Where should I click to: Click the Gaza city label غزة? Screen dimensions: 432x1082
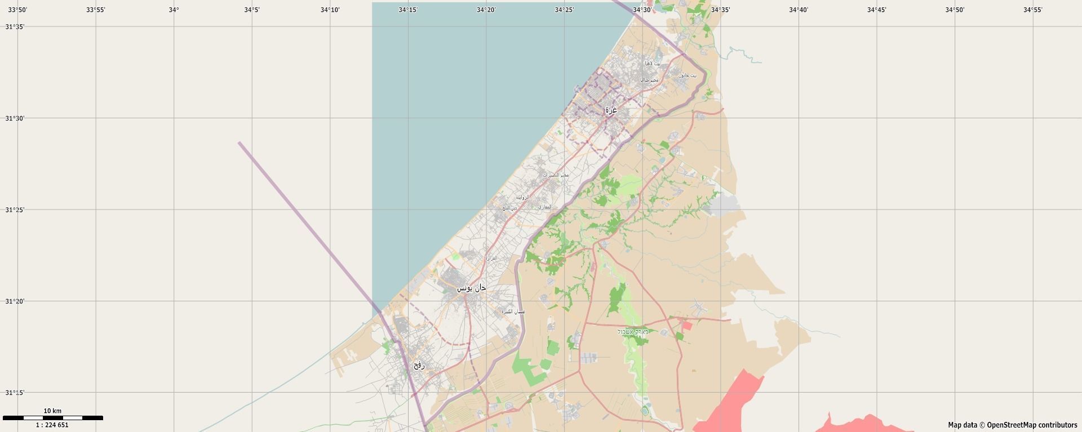coord(611,110)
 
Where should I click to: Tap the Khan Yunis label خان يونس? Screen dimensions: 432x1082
coord(471,288)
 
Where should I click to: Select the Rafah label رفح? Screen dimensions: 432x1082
coord(419,365)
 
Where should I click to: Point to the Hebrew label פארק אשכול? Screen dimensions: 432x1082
coord(633,332)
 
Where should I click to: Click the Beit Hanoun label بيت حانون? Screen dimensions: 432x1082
coord(687,75)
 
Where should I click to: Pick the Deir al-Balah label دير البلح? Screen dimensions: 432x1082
coord(509,208)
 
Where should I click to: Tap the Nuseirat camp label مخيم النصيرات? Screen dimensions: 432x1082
coord(556,175)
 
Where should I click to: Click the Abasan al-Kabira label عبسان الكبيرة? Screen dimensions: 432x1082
coord(513,311)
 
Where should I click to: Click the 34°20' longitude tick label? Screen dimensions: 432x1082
coord(486,10)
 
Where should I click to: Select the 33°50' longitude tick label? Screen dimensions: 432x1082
coord(17,10)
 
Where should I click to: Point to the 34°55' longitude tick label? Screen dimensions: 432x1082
coord(1033,10)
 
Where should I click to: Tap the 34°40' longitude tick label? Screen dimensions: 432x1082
coord(799,10)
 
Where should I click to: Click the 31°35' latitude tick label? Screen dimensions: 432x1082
coord(15,27)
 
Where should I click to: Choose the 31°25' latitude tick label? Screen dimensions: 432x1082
coord(15,210)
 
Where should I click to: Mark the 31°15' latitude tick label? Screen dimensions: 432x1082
coord(15,393)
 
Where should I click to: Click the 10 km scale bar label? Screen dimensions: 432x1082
coord(52,411)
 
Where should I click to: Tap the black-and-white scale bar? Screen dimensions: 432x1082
coord(52,418)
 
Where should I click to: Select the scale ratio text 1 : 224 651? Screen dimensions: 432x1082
coord(52,425)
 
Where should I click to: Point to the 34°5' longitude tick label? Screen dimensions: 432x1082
coord(251,10)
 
